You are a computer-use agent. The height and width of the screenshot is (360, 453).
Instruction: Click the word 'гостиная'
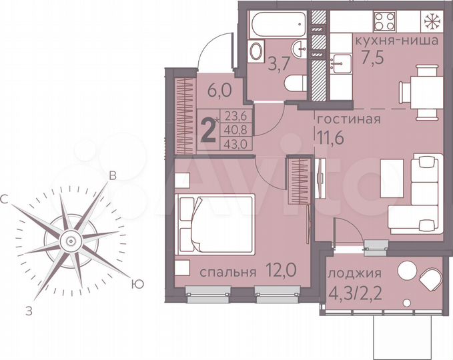pos(348,120)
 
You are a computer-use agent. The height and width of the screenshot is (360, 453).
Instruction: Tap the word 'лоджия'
pos(354,273)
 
